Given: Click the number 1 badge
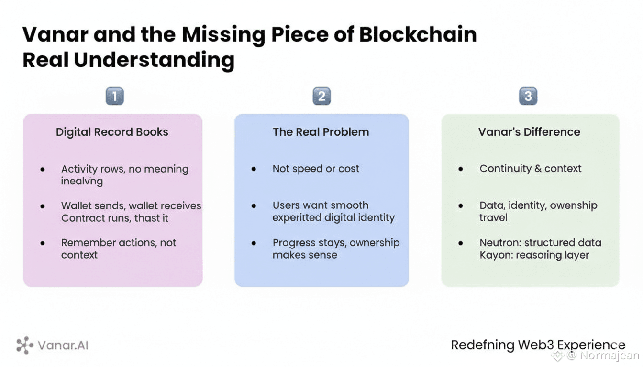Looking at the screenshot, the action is click(114, 97).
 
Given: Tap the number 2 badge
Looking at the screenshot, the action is click(321, 97).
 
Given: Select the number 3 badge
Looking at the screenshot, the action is click(528, 97).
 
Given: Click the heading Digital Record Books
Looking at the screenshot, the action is click(112, 132).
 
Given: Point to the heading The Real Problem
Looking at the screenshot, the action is click(321, 132).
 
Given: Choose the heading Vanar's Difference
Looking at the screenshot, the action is click(529, 132).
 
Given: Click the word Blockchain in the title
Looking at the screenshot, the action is click(417, 35).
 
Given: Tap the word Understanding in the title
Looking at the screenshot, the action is click(154, 61).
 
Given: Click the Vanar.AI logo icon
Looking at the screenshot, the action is click(25, 345).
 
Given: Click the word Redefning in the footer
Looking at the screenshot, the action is click(483, 345).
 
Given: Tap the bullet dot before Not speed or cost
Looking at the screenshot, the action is click(254, 169).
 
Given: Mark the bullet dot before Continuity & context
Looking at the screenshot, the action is click(461, 169).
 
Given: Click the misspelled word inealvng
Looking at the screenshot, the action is click(82, 182).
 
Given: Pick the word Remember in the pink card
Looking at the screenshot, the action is click(84, 243).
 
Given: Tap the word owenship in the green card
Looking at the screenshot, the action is click(574, 205).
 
